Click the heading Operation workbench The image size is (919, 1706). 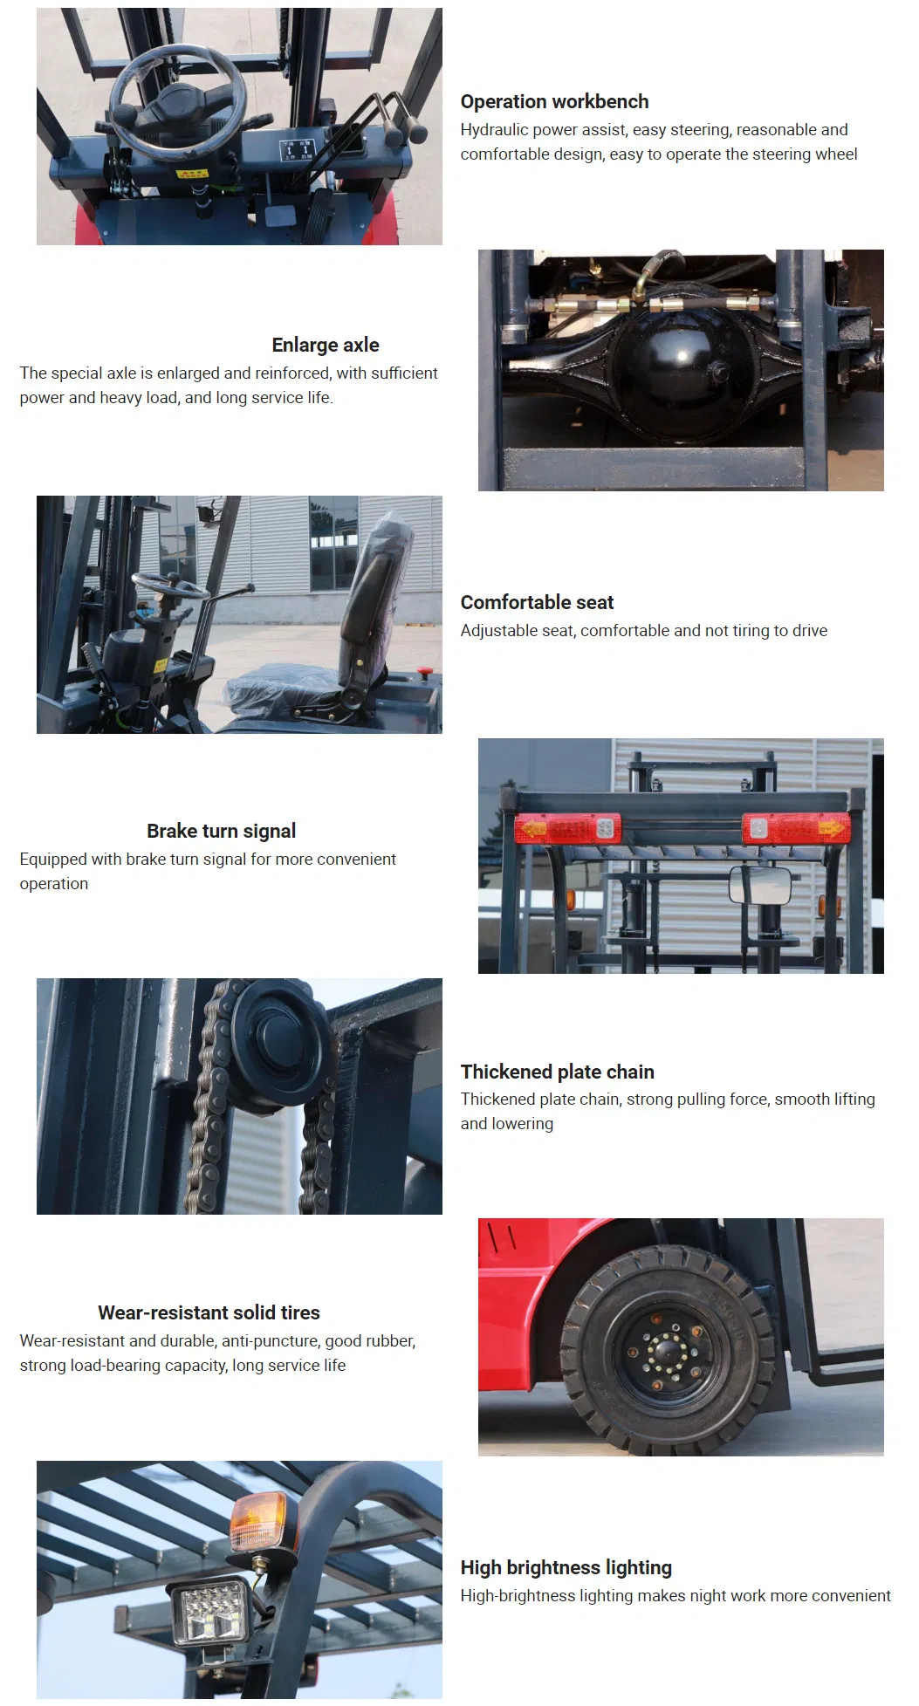(x=554, y=102)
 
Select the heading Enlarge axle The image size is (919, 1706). (x=325, y=345)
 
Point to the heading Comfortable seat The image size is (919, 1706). (x=537, y=603)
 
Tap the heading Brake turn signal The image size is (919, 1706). (x=221, y=831)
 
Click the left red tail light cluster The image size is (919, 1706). (x=567, y=828)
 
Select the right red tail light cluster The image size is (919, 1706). (x=794, y=827)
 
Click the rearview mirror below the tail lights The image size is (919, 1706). (x=760, y=886)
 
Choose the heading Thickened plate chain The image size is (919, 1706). (x=557, y=1072)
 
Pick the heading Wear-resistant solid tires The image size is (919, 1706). (x=209, y=1312)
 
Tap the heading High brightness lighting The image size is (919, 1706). (x=566, y=1567)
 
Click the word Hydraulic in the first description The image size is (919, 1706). (x=495, y=130)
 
